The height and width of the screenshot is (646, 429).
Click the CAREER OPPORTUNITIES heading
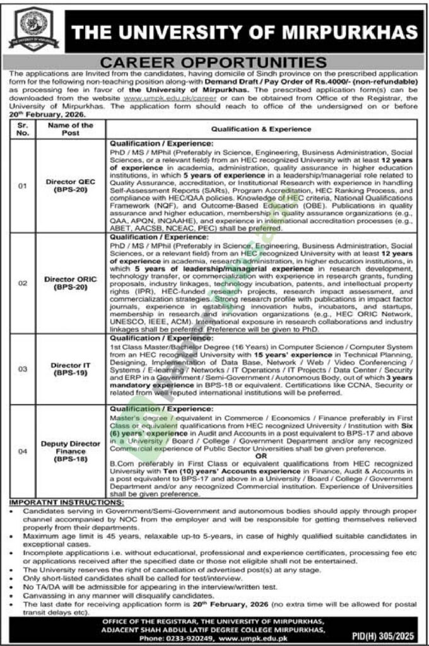click(214, 63)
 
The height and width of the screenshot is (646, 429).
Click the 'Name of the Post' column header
click(70, 129)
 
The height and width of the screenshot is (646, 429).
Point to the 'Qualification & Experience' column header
click(261, 129)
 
